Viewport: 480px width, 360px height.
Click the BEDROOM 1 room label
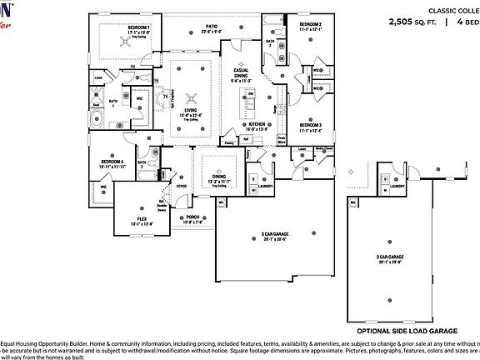[x=138, y=27]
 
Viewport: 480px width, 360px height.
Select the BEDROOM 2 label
[x=311, y=26]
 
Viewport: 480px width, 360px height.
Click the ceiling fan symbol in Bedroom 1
[x=112, y=38]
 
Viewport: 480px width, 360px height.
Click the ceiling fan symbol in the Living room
[x=191, y=97]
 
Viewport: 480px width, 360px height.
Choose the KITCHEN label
[x=255, y=124]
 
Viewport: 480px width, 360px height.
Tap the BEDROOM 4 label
[x=112, y=162]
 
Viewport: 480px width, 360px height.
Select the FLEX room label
[x=142, y=218]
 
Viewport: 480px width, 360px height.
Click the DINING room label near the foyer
[x=218, y=177]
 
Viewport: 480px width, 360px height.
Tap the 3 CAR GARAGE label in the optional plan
[x=390, y=257]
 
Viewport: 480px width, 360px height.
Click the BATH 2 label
[x=270, y=42]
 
